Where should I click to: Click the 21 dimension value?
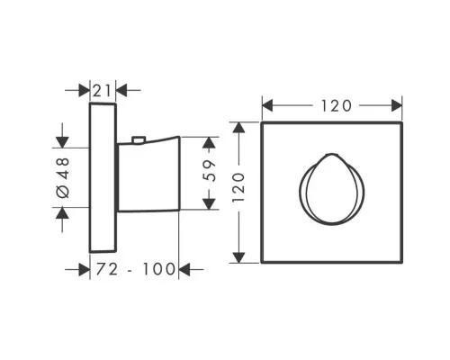point(102,91)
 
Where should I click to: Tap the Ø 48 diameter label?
point(63,178)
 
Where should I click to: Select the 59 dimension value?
point(210,171)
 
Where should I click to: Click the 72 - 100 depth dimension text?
point(135,269)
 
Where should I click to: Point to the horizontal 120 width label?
point(336,106)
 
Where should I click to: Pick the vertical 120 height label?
point(238,187)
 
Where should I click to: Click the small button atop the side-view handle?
point(139,139)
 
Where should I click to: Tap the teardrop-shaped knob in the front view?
point(332,189)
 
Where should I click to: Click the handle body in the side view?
point(149,175)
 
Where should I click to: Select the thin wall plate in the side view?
point(103,177)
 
